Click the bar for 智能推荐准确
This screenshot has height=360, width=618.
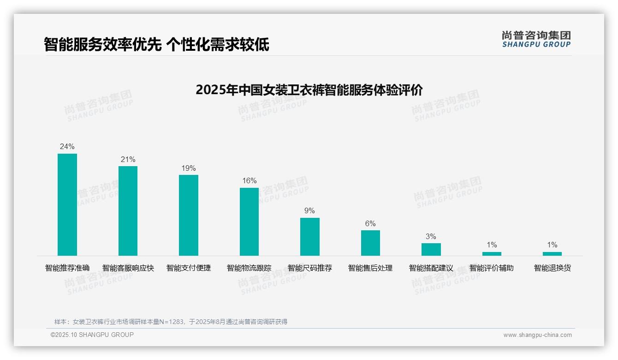tap(67, 204)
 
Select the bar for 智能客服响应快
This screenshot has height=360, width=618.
tap(128, 211)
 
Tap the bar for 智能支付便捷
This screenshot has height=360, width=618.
tap(189, 215)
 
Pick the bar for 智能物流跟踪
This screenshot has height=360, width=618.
tap(249, 222)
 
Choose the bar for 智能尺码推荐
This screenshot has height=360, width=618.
tap(310, 237)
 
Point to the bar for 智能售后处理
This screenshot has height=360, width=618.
tap(370, 243)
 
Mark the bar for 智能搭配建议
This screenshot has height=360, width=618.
tap(431, 249)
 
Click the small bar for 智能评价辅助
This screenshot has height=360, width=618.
tap(492, 254)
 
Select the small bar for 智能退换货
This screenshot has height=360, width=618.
tap(552, 254)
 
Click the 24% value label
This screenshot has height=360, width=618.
tap(67, 147)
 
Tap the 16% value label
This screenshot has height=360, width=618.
tap(250, 181)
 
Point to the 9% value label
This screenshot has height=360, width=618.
tap(309, 211)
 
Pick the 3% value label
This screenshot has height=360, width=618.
tap(431, 236)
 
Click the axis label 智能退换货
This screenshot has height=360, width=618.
tap(552, 268)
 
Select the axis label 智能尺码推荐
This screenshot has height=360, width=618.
tap(309, 268)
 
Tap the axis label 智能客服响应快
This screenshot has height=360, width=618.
tap(128, 268)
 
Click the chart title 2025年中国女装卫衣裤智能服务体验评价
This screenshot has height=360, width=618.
tap(309, 90)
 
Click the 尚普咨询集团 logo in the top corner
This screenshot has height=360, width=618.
tap(536, 39)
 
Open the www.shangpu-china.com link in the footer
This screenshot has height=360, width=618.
tap(537, 335)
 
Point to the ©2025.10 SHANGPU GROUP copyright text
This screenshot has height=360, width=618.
tap(92, 335)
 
